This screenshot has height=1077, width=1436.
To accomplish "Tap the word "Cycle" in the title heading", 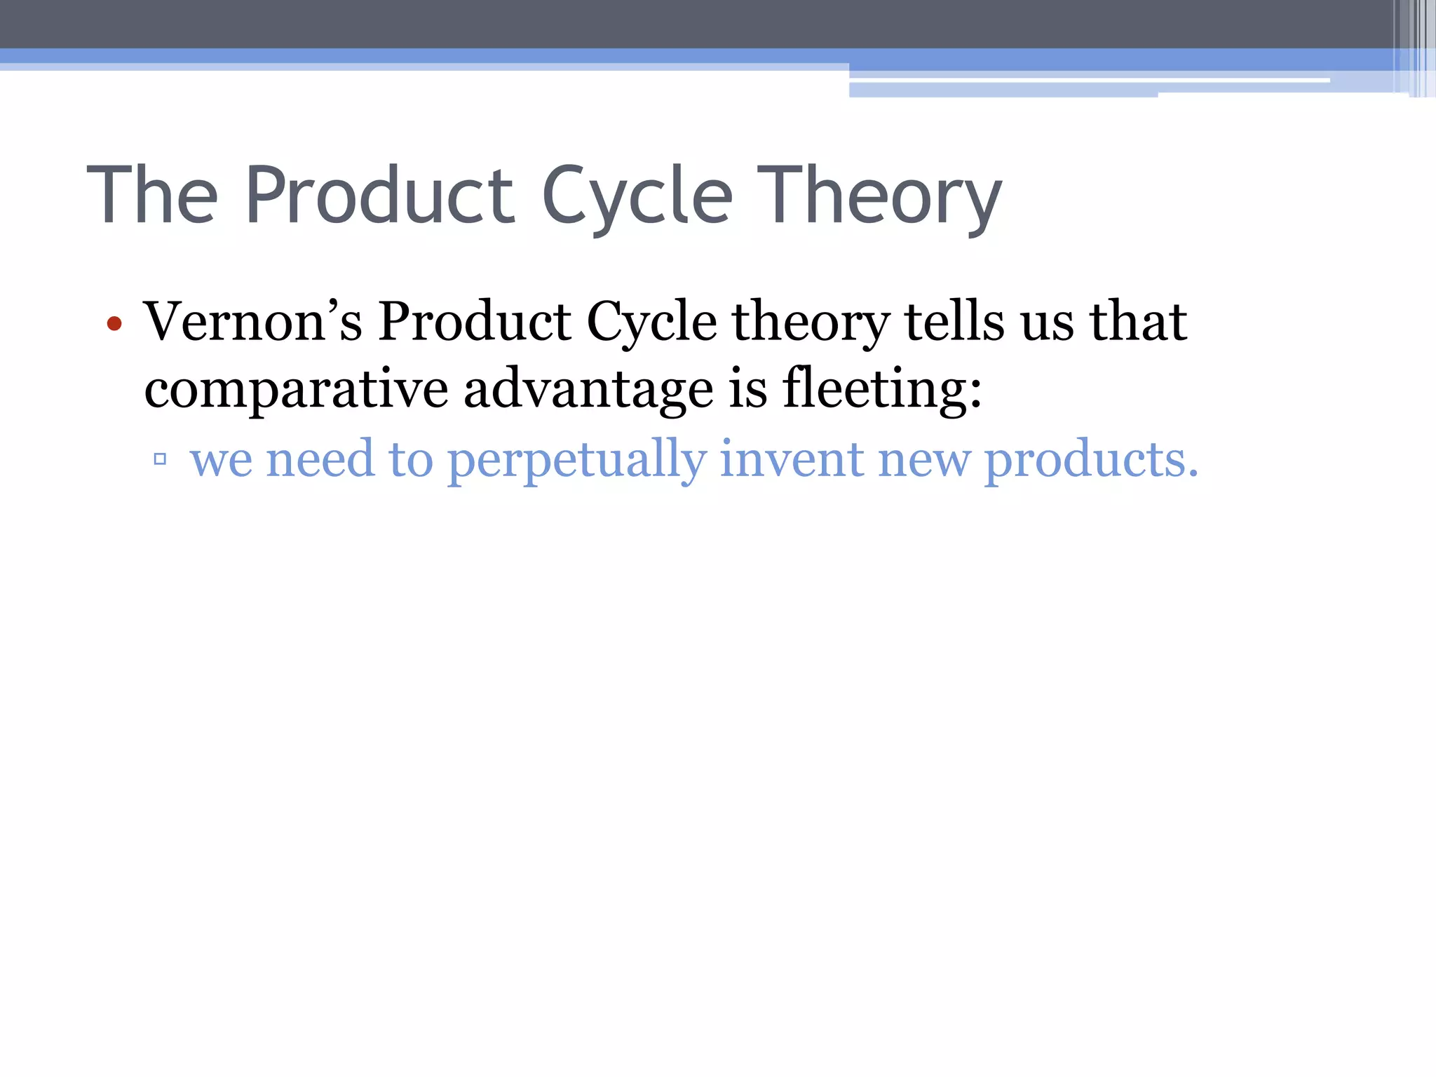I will (x=637, y=196).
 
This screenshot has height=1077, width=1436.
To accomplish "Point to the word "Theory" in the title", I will (x=879, y=196).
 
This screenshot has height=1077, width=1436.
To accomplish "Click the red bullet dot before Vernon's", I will (x=114, y=324).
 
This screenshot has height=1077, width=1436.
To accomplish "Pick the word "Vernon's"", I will (x=253, y=322).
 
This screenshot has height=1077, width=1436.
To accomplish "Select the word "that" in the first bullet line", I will (x=1137, y=322).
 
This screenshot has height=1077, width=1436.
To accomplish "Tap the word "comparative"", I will (x=296, y=390).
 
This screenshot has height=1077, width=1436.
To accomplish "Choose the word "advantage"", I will (x=588, y=390).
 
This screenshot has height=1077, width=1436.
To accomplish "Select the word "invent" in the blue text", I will (x=792, y=459).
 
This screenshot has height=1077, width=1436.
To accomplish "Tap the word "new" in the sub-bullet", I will (x=924, y=460).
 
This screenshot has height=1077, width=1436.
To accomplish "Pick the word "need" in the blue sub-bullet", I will (x=320, y=459).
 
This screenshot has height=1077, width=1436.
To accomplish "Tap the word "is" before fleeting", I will (x=748, y=388).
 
